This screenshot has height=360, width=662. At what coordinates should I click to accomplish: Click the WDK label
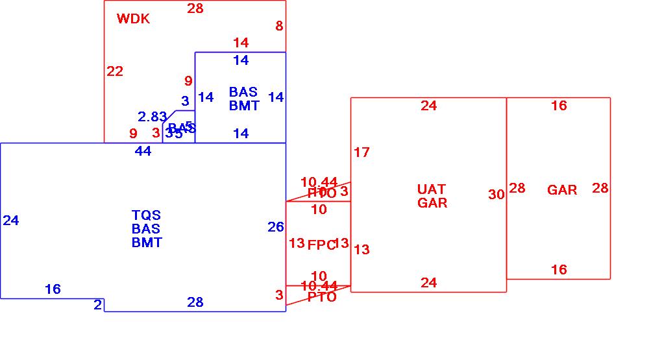point(133,19)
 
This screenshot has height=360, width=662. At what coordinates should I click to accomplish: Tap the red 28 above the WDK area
point(195,8)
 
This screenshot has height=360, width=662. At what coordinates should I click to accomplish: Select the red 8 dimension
point(279,26)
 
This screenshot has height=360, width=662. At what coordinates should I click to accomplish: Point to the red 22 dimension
point(115,71)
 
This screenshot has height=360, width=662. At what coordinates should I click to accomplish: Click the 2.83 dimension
point(153,117)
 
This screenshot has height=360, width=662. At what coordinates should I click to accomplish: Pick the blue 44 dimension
point(143,151)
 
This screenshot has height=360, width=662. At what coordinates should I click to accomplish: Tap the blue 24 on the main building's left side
point(11,221)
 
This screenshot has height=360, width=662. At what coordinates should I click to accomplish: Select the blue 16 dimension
point(53,289)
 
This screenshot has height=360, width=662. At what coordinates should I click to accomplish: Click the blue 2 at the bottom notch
point(97,304)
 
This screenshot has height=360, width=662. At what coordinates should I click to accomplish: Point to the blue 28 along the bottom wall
point(195,302)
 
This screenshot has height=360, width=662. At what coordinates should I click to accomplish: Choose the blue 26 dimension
point(275,227)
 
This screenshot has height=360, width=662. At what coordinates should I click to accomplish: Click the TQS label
point(146,215)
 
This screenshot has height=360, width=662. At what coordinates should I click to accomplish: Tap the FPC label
point(321,245)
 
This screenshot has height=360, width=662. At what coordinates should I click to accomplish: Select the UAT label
point(432,189)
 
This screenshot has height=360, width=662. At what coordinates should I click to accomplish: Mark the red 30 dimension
point(496,195)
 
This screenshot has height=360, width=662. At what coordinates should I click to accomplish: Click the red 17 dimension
point(362,152)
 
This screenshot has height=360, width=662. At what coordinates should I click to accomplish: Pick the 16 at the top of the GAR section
point(559,106)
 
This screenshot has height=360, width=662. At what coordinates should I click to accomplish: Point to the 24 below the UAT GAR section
point(428,283)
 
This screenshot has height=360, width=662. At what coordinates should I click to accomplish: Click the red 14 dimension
point(241,43)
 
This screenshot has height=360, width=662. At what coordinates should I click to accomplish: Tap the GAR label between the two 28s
point(562,190)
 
